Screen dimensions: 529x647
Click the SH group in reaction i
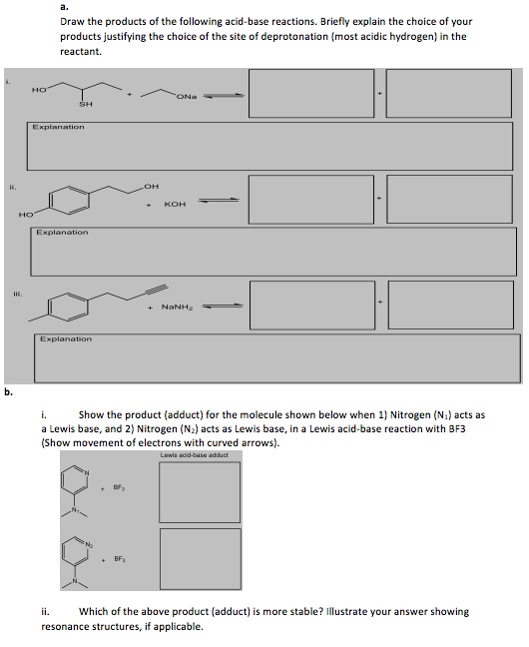86,104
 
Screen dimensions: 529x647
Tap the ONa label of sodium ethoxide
187,97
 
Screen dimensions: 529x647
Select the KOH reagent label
175,205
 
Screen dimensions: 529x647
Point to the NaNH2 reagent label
177,307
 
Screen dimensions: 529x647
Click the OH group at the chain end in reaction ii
152,187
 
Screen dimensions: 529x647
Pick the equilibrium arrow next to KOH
219,201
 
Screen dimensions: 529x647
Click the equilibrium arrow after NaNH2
223,306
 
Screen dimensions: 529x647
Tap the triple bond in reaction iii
158,291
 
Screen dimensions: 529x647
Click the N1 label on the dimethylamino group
75,509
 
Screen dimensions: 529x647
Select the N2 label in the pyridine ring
89,545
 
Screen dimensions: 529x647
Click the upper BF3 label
119,487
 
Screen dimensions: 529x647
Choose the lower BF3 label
120,559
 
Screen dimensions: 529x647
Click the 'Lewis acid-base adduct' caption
195,455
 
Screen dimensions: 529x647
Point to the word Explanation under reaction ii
62,233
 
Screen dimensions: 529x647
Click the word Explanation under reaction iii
66,339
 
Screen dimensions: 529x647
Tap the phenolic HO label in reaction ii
26,215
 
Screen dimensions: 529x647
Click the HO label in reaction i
39,89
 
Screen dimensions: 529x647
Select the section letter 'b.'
9,392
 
